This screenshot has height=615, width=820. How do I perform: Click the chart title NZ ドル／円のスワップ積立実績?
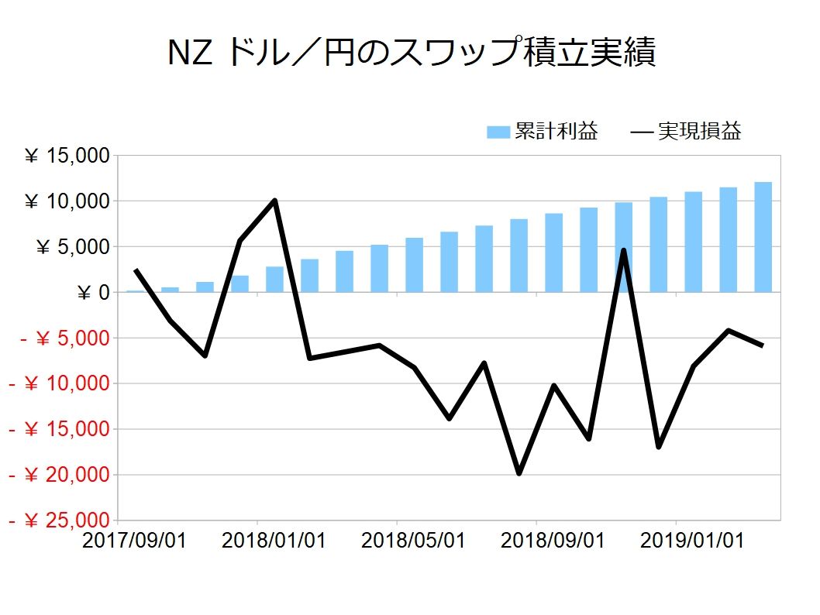point(412,53)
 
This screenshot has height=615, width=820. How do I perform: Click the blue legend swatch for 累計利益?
point(498,132)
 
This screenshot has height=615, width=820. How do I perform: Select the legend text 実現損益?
point(699,132)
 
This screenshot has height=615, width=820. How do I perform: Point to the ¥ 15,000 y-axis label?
point(67,156)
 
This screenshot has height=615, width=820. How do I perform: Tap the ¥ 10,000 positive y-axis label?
point(67,202)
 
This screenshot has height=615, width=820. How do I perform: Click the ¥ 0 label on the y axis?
point(94,293)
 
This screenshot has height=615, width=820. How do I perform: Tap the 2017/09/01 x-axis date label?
point(133,540)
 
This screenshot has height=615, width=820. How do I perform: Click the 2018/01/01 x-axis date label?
point(274,540)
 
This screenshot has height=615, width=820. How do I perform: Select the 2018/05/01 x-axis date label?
point(413,540)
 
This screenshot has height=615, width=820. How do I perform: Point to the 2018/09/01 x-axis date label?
point(553,540)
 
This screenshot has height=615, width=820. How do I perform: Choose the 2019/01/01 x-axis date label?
point(692,540)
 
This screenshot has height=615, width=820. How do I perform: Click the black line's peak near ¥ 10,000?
point(274,201)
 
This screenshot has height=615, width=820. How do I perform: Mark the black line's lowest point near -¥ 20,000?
point(519,473)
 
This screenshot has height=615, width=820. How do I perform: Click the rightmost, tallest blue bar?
point(763,237)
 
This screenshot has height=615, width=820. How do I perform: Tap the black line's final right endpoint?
point(763,345)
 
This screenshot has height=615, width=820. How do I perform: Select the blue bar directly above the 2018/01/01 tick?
point(274,280)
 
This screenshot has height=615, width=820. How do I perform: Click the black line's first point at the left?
point(136,270)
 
